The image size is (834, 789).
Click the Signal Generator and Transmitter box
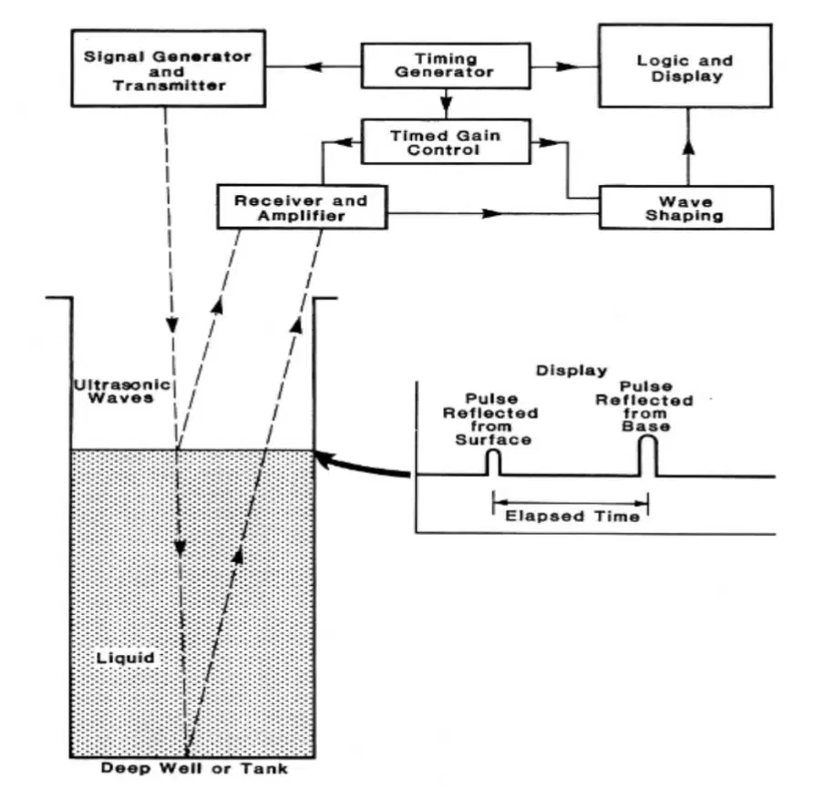point(168,68)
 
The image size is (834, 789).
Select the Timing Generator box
point(446,66)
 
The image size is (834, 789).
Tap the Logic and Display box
point(685,66)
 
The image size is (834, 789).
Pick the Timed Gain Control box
point(446,141)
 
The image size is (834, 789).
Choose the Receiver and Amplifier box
point(302,207)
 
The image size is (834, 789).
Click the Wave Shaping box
point(685,208)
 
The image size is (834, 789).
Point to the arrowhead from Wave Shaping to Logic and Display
point(688,147)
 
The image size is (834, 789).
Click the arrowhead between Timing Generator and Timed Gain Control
point(447,103)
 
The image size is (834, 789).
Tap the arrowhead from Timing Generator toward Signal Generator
point(313,67)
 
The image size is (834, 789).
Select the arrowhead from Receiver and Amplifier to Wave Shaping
point(491,214)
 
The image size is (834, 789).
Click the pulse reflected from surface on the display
point(494,463)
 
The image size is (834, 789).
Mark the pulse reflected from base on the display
point(648,456)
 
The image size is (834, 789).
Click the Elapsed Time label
point(571,516)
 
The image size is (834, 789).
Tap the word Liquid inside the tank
point(126,658)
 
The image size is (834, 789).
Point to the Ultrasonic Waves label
point(122,391)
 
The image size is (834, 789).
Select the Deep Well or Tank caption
point(194,768)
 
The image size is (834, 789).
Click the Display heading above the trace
point(571,371)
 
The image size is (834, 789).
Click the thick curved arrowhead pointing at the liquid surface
point(325,458)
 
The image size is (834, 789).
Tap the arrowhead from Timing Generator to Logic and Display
point(567,67)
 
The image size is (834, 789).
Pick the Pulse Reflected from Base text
point(644,406)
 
